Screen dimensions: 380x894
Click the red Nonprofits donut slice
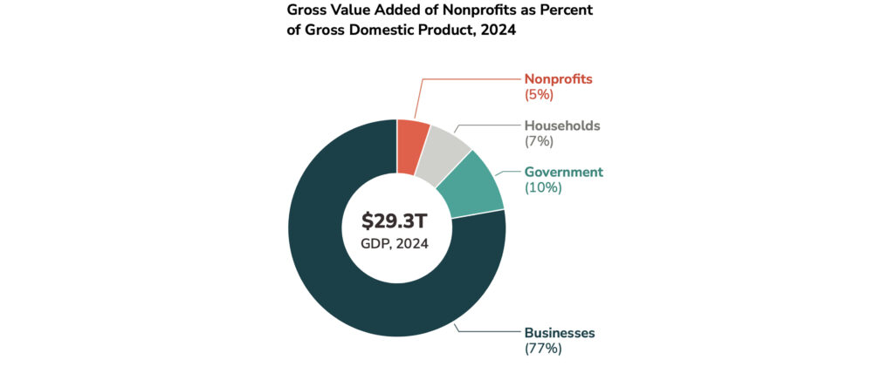412,146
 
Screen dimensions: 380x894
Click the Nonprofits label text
558,78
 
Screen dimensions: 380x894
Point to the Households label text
562,126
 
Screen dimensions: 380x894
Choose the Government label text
564,172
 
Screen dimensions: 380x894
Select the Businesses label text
560,333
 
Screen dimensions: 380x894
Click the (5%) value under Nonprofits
540,94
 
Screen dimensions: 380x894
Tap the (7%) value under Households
540,141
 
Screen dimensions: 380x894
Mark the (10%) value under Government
543,187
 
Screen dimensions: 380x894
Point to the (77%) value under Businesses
543,349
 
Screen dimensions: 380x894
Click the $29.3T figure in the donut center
395,221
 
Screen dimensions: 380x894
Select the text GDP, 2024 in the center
395,243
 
